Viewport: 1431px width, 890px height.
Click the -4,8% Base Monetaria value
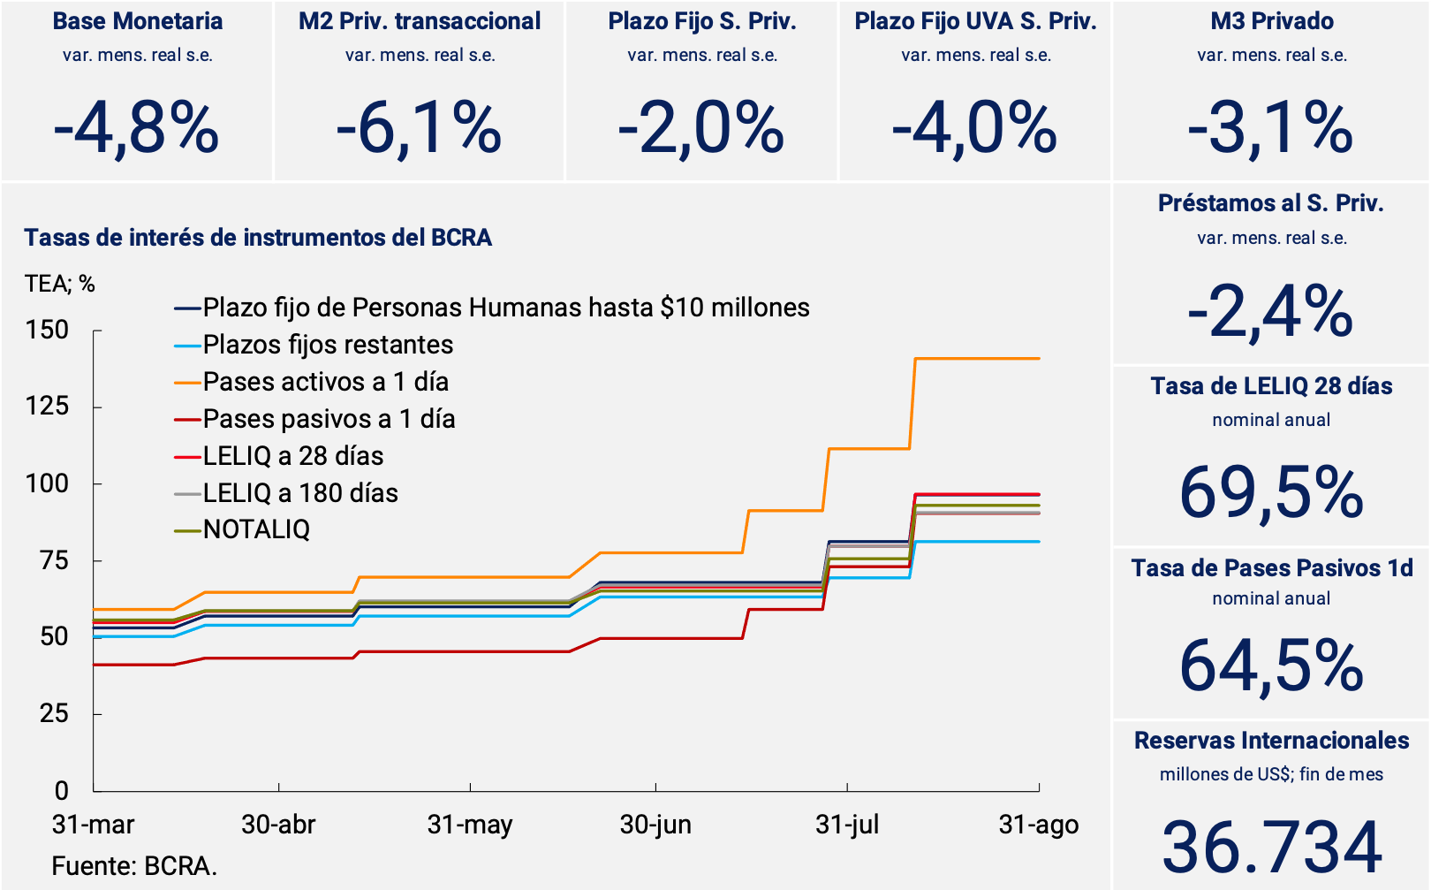point(136,129)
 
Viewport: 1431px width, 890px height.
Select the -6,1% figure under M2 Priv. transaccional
point(419,129)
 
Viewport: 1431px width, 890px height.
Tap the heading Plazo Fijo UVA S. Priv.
point(975,21)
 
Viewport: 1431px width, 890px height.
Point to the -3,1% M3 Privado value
point(1270,129)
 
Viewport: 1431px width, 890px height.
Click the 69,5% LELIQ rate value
point(1271,492)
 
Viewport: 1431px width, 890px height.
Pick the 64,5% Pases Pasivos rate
point(1271,666)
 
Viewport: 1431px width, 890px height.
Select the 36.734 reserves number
point(1271,847)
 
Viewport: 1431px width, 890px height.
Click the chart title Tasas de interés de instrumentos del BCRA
point(258,237)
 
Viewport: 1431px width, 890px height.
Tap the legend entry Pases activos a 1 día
point(325,382)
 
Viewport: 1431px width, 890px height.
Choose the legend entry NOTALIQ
point(256,529)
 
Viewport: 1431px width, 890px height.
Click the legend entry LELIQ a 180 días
point(300,492)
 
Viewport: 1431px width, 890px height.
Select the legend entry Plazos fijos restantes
point(328,345)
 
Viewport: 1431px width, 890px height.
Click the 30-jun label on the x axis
point(655,825)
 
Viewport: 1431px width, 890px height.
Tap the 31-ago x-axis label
point(1038,825)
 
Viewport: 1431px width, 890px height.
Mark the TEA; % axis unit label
point(59,284)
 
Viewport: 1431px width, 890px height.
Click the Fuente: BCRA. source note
point(134,865)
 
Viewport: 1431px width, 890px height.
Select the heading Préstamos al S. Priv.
point(1270,203)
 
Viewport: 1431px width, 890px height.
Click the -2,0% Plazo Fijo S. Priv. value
point(701,129)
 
